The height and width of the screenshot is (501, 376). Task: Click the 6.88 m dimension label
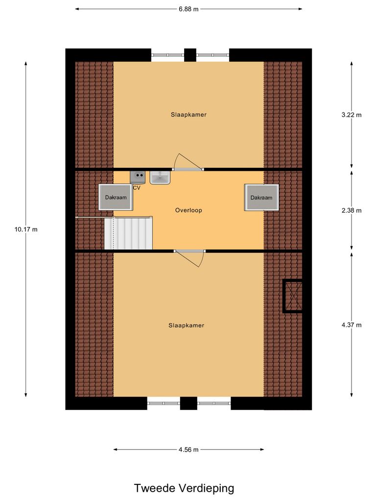pos(188,9)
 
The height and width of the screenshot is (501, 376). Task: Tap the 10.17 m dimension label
pos(26,229)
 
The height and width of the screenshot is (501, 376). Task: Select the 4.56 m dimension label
pos(188,450)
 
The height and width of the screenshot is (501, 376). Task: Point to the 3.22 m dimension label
pos(352,115)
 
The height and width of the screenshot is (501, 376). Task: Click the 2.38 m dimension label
pos(352,210)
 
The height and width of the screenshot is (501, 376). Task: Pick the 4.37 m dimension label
pos(352,325)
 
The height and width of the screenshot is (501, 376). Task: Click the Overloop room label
pos(188,210)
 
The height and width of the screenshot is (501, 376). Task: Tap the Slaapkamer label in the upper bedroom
pos(188,115)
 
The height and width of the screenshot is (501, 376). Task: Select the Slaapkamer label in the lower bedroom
pos(186,325)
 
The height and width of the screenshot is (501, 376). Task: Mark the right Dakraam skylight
pos(261,198)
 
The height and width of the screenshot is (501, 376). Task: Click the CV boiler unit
pos(138,177)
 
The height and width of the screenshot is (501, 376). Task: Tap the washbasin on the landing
pos(160,178)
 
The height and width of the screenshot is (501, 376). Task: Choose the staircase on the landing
pos(128,233)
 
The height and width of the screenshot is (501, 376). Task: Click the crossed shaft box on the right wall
pos(293,296)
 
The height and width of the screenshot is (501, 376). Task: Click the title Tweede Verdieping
pos(184,488)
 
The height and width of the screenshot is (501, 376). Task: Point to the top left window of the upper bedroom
pos(167,55)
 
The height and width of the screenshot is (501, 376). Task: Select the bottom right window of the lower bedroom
pos(214,403)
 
